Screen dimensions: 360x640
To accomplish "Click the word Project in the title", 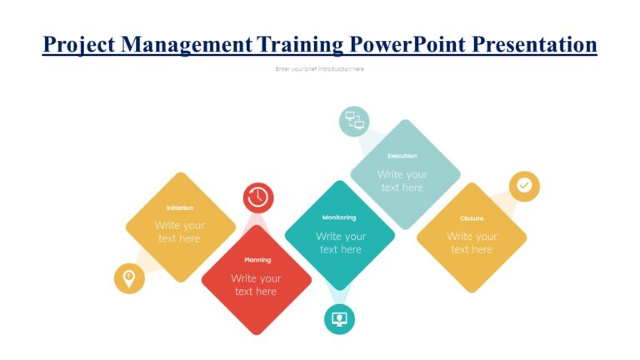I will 79,44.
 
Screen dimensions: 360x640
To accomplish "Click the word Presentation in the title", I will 534,44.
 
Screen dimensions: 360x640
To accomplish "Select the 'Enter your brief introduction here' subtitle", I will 320,69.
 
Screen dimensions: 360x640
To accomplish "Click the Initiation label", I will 179,207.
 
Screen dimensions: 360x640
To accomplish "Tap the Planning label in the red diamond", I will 257,260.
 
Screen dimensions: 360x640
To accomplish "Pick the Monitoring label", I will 339,217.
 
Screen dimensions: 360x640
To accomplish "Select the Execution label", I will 402,156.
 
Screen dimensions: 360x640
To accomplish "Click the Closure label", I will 472,218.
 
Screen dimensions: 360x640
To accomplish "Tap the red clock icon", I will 258,197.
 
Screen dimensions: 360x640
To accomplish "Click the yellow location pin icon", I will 129,278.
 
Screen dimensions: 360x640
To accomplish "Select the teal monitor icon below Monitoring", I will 339,318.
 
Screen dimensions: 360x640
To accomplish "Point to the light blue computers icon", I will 354,121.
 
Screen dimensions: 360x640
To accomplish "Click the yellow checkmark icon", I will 524,186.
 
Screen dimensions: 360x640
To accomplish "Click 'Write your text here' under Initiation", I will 179,232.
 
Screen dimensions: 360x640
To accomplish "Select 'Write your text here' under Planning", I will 256,285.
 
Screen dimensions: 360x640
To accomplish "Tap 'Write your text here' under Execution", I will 402,181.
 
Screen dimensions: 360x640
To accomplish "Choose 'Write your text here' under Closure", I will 472,242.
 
